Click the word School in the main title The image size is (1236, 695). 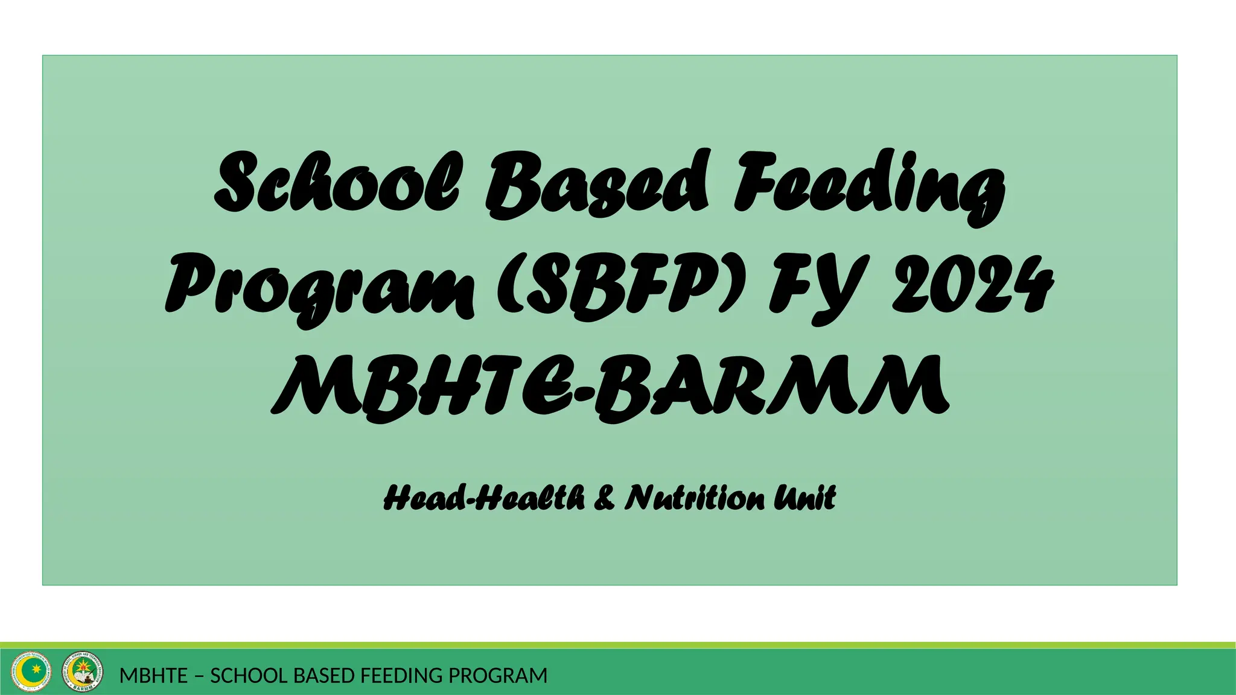[338, 181]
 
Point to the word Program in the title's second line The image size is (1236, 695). [320, 287]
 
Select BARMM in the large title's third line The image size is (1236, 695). [772, 386]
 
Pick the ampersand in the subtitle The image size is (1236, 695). [604, 498]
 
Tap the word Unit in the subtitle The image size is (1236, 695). [806, 498]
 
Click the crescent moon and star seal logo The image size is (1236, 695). [28, 671]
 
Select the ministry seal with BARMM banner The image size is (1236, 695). [83, 671]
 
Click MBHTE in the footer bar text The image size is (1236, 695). [153, 676]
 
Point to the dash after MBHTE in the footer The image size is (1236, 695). [199, 676]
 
